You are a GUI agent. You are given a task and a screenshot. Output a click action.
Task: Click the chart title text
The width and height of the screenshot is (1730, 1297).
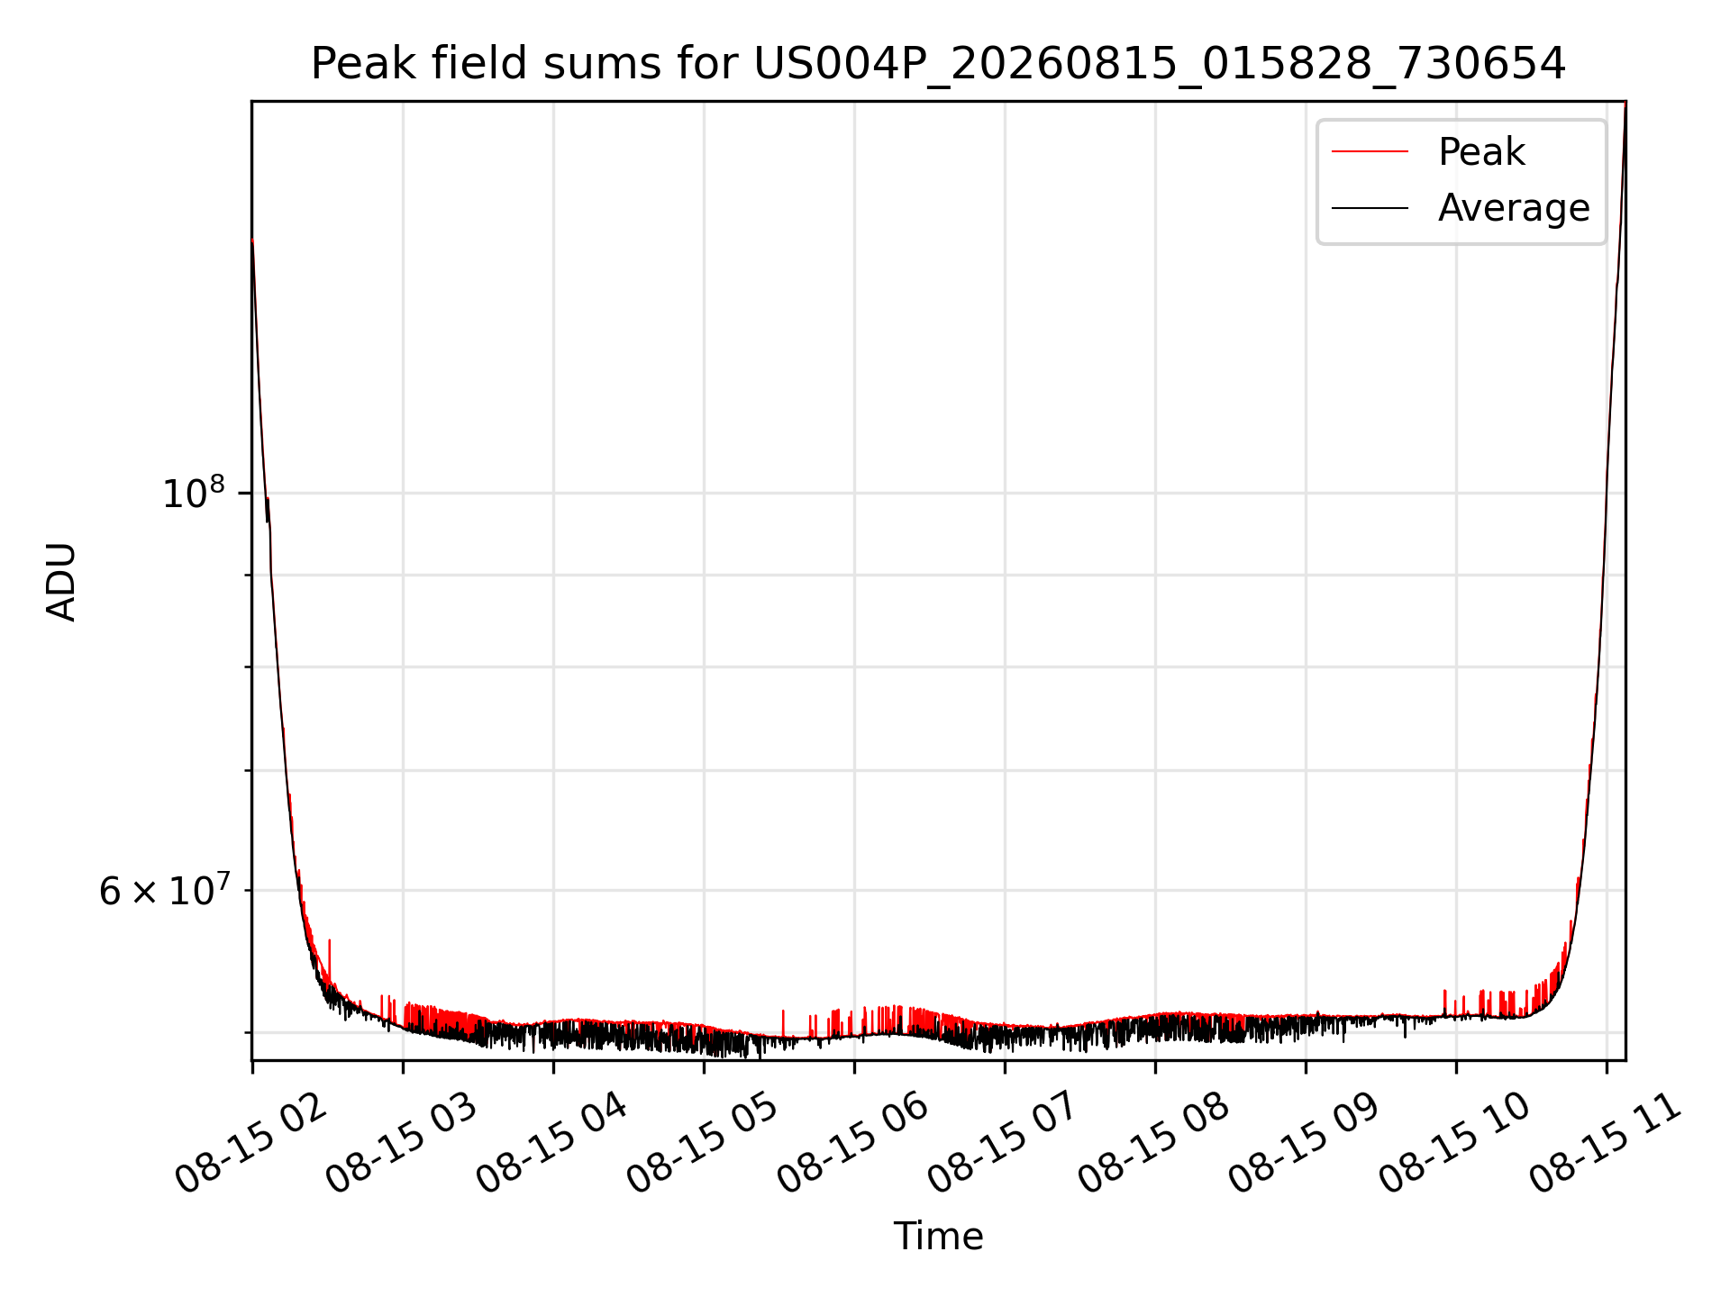pos(938,64)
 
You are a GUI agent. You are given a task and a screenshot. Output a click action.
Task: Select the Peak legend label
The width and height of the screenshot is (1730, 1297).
pos(1481,152)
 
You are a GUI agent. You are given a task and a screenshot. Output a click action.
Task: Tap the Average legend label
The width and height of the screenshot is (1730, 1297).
pos(1514,208)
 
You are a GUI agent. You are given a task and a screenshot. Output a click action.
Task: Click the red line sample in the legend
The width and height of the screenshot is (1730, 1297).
pos(1370,152)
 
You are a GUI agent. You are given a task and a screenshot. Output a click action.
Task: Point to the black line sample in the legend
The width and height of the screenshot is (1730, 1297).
pos(1370,208)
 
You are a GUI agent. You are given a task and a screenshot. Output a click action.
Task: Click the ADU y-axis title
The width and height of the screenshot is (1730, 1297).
pos(61,581)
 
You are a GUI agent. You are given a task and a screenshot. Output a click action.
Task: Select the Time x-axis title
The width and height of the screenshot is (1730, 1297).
pos(938,1236)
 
